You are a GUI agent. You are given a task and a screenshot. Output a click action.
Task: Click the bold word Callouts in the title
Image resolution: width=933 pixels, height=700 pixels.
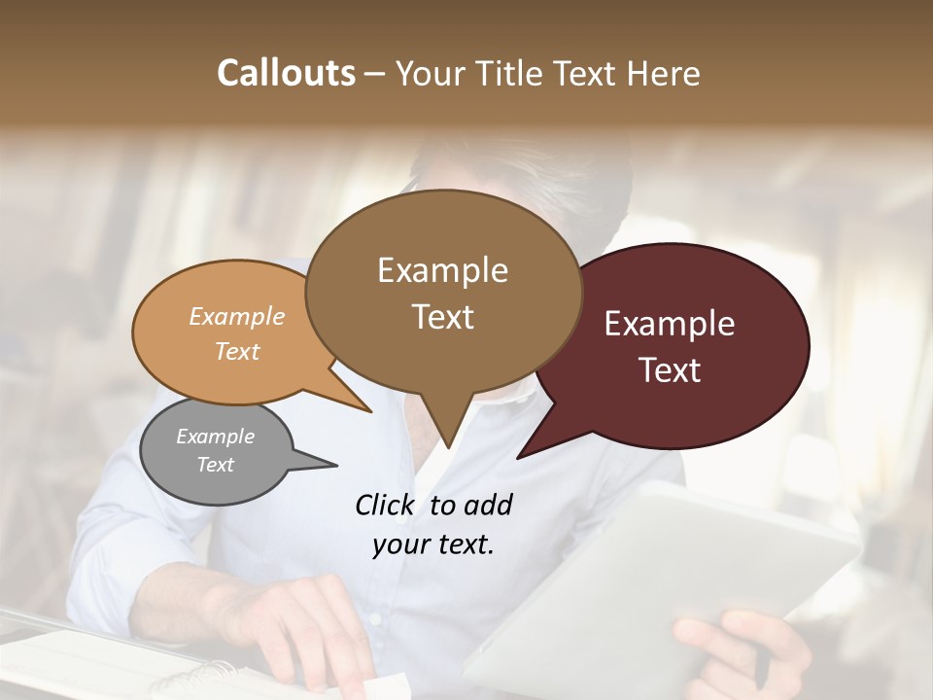(286, 73)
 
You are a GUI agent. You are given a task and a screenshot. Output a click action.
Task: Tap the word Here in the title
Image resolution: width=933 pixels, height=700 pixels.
(661, 73)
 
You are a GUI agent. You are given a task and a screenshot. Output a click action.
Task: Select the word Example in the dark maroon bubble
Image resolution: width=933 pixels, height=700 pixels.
(670, 324)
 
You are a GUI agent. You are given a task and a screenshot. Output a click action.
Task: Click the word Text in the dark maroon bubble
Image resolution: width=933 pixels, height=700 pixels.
(670, 370)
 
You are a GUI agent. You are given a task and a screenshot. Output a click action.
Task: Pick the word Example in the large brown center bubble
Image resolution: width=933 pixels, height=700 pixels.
(442, 270)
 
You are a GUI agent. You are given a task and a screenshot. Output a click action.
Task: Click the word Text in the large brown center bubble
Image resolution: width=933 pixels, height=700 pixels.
(442, 317)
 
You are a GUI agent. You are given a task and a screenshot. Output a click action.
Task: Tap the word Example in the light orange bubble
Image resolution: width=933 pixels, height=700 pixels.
(237, 316)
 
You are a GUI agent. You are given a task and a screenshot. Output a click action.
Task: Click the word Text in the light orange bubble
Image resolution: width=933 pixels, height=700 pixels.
(237, 351)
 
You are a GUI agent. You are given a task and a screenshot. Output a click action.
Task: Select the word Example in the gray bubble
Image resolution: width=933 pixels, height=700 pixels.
(216, 437)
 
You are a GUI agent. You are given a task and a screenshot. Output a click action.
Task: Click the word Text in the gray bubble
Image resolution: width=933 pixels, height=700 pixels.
(216, 465)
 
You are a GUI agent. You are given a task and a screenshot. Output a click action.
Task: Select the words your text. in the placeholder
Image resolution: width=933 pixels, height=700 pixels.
(433, 544)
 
